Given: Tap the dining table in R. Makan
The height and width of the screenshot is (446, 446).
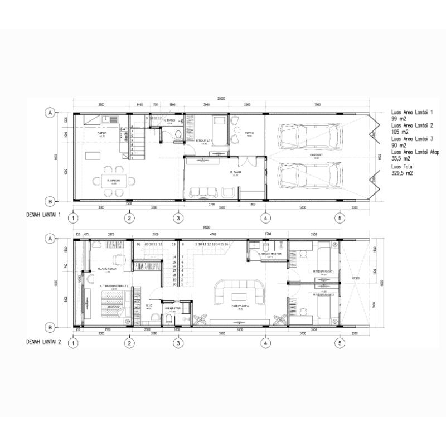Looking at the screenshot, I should click(x=114, y=180).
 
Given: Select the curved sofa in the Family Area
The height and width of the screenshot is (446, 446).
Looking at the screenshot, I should click(x=240, y=291).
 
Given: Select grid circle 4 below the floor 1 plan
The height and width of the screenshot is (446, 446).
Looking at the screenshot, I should click(x=265, y=218).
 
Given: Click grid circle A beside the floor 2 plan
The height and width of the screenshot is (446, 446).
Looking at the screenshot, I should click(x=50, y=239).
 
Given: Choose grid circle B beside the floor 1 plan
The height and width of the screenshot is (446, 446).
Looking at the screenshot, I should click(x=50, y=201).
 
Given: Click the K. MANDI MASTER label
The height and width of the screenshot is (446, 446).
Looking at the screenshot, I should click(x=269, y=254).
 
